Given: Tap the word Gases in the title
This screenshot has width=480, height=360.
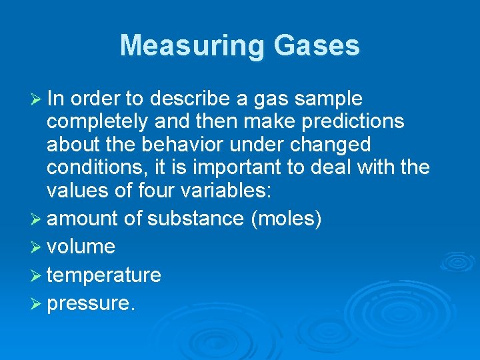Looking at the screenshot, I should [x=315, y=46].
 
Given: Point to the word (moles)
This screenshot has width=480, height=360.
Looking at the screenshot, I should [x=286, y=219].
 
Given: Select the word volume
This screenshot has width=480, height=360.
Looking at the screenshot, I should [x=81, y=247].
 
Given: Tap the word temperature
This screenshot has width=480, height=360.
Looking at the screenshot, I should [x=104, y=275].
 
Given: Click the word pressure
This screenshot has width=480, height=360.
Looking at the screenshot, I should [x=90, y=303].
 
